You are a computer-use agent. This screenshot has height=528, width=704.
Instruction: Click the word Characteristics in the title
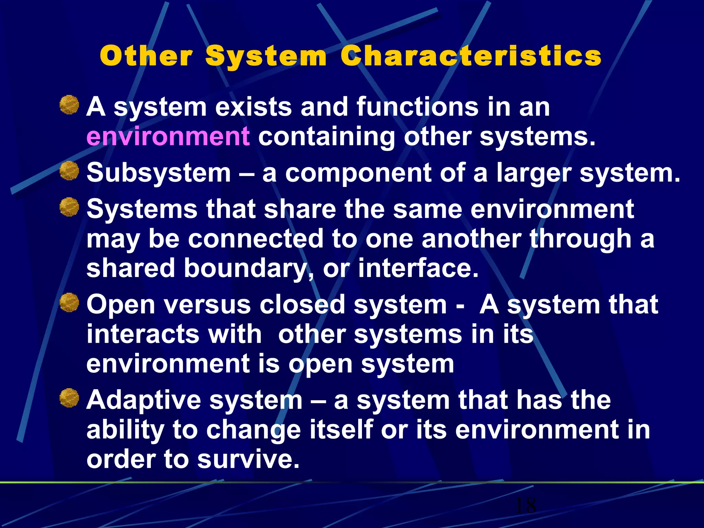(x=471, y=56)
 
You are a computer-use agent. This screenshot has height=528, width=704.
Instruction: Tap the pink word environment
(x=168, y=136)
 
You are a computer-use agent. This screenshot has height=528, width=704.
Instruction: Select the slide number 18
(x=526, y=505)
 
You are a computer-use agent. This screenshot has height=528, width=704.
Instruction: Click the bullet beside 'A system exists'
(x=69, y=105)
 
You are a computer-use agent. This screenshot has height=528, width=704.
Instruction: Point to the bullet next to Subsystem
(x=69, y=171)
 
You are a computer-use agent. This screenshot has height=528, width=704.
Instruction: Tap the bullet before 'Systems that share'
(x=69, y=207)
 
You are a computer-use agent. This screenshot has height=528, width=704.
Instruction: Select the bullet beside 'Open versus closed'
(x=69, y=302)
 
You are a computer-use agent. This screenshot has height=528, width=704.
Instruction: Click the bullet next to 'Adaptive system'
(x=69, y=398)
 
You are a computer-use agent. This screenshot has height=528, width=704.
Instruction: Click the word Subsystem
(x=158, y=173)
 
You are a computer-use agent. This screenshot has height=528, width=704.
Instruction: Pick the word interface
(x=418, y=268)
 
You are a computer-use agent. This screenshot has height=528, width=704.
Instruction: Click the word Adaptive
(x=144, y=401)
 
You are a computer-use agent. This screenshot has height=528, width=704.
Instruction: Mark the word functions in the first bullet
(x=417, y=107)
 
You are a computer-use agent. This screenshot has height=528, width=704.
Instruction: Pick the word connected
(x=255, y=239)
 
